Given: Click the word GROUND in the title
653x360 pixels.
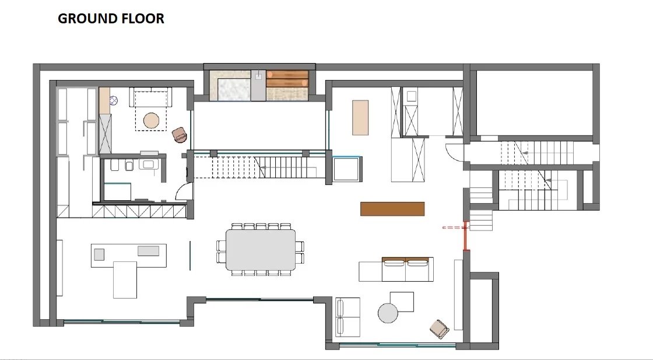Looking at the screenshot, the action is [88, 18].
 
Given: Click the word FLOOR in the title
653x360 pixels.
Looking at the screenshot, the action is [143, 18].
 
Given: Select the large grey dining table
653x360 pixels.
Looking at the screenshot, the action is [261, 250].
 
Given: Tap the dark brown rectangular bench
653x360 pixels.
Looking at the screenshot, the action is [392, 209].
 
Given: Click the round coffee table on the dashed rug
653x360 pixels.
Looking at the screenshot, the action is [151, 121].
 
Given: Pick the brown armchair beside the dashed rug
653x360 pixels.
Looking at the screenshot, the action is [180, 135].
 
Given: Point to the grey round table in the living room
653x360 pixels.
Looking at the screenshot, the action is [388, 313].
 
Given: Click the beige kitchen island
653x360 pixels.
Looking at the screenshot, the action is [360, 117].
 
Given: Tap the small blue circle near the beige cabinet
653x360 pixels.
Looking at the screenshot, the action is [114, 100].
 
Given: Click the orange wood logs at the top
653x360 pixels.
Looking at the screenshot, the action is [287, 79].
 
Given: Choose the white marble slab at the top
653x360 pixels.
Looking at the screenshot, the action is [234, 90].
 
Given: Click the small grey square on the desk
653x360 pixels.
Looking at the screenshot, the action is [99, 254].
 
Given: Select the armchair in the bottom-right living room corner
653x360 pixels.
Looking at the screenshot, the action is [440, 329].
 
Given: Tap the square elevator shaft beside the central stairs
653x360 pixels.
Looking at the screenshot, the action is [347, 169].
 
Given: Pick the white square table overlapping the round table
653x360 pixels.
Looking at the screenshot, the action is [402, 302].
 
